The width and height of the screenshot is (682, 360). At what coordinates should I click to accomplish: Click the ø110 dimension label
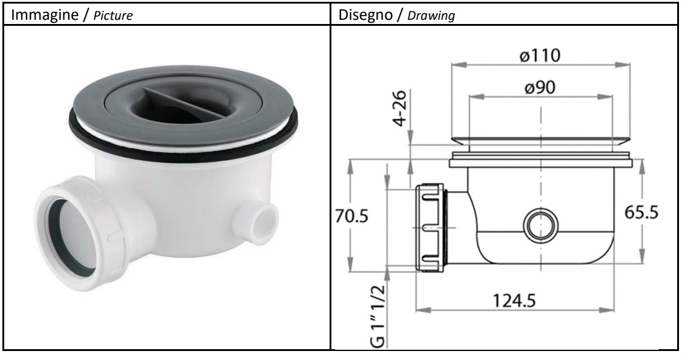point(540,56)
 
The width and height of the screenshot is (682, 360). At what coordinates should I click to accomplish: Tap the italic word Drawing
point(432,15)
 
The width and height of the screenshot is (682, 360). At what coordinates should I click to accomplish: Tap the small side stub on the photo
point(260,226)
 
